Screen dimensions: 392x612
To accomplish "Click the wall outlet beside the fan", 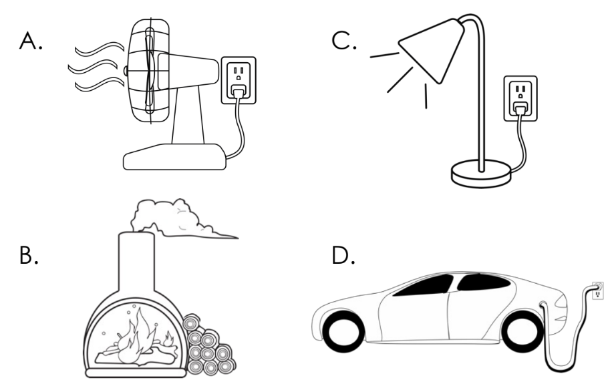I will [x=238, y=79].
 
